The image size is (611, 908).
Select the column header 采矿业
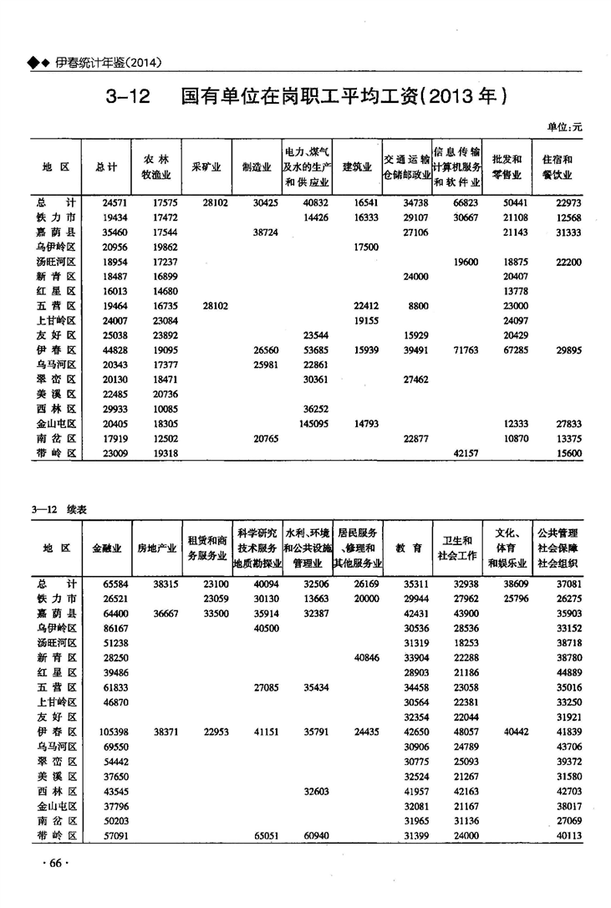point(206,166)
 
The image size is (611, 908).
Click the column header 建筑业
point(357,166)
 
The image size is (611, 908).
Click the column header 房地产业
point(156,548)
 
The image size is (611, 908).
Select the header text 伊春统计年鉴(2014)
point(107,64)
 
